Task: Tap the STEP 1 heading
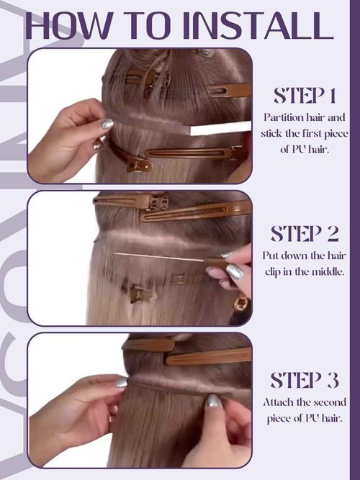click(305, 95)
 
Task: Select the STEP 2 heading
click(305, 233)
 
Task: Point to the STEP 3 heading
click(305, 379)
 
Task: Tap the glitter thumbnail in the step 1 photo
click(107, 124)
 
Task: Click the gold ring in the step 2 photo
click(241, 304)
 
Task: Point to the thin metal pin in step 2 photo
click(158, 256)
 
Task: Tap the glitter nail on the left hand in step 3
click(121, 383)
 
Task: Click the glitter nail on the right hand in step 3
click(213, 400)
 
